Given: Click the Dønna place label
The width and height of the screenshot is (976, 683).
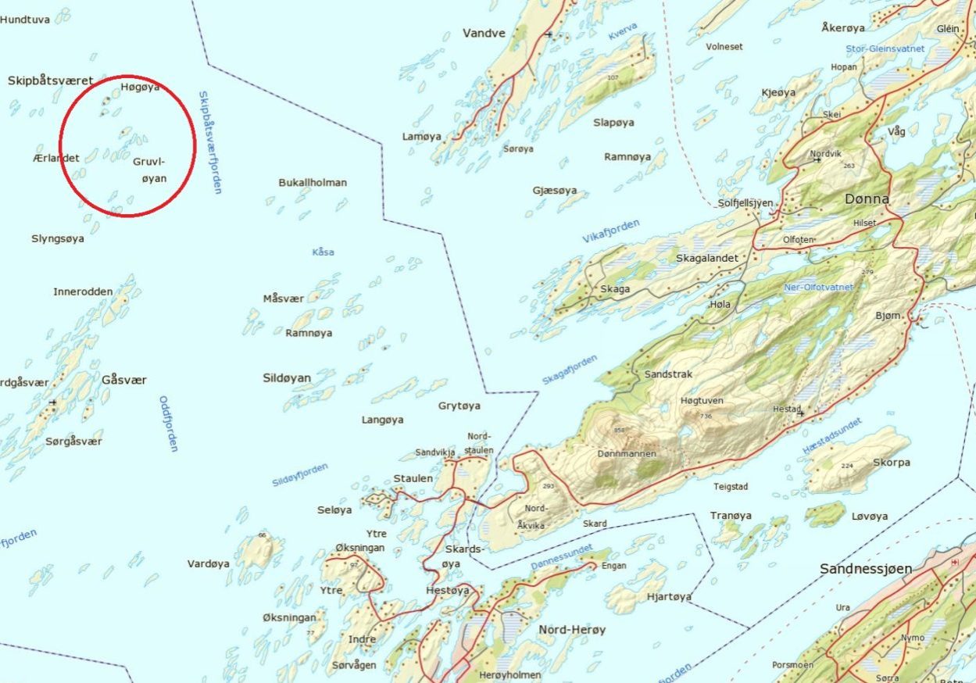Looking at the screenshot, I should click(867, 199).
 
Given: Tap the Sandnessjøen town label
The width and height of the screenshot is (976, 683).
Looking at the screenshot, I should click(866, 569).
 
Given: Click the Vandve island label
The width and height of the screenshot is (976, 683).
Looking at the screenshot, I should click(484, 33).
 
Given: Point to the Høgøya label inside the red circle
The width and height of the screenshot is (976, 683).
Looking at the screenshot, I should click(141, 87).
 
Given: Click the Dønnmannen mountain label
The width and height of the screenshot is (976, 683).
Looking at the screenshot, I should click(626, 453).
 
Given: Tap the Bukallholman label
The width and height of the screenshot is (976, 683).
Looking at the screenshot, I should click(313, 182).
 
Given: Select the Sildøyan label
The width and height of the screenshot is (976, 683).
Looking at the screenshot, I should click(287, 378).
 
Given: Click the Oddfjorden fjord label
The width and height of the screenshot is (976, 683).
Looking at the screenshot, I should click(168, 424).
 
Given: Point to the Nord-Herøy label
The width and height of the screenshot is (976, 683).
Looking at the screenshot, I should click(572, 629).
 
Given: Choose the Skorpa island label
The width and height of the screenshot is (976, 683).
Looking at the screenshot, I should click(892, 462).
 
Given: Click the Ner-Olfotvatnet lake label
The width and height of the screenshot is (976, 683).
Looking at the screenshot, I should click(818, 288).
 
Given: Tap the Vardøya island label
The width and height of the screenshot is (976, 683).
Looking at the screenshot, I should click(209, 563).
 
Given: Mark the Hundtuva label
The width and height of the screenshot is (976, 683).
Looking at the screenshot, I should click(25, 19).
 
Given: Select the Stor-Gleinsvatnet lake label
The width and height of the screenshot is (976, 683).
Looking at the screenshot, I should click(885, 48).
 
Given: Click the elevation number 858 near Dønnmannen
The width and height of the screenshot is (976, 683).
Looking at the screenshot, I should click(620, 431).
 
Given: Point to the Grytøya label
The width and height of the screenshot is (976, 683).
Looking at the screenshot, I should click(459, 406).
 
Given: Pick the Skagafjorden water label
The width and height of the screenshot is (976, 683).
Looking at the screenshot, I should click(570, 370).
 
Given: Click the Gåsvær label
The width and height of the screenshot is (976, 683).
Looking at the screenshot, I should click(124, 380).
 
